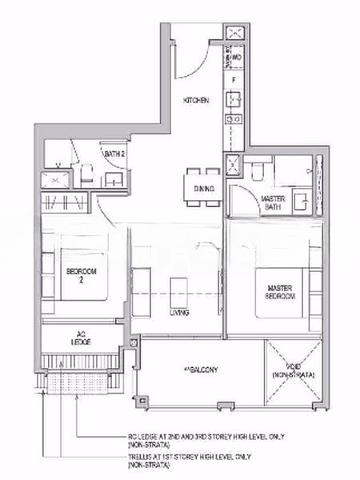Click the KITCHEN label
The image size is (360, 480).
point(196,101)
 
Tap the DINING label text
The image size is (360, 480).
point(204,189)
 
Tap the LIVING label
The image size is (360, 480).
point(179,313)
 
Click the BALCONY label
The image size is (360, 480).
point(200,369)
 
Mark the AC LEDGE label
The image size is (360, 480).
point(80,338)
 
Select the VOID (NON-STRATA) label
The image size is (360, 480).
point(293,370)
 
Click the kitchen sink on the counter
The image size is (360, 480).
point(234,100)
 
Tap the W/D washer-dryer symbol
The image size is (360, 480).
point(236,58)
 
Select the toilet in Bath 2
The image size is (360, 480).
point(86,173)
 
